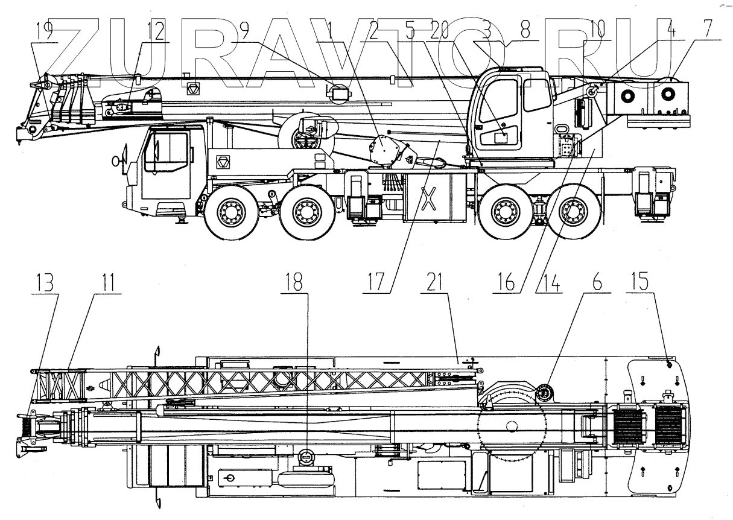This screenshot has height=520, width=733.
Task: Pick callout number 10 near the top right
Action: click(x=597, y=31)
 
